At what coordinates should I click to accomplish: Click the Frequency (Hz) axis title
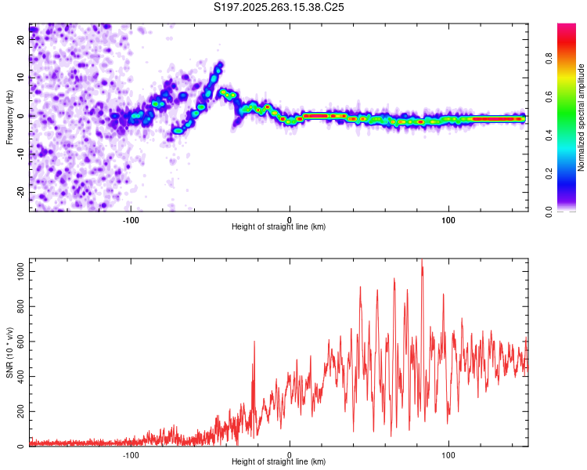[10, 117]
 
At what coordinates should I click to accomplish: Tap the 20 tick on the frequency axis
[22, 42]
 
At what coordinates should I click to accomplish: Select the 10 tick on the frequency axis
[22, 79]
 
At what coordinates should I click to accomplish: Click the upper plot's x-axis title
[279, 226]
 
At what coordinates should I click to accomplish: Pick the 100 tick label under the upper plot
[448, 219]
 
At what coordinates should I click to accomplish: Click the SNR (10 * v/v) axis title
[10, 352]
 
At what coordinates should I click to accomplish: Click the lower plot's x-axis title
[279, 462]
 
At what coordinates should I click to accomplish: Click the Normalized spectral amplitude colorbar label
[582, 117]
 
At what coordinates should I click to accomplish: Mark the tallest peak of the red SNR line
[422, 261]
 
